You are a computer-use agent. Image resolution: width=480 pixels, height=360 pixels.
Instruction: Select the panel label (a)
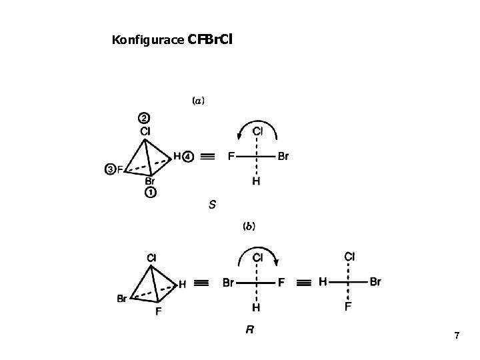click(198, 101)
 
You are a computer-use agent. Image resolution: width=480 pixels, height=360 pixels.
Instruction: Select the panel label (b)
click(247, 226)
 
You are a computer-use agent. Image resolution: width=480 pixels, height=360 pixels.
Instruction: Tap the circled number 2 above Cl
click(144, 119)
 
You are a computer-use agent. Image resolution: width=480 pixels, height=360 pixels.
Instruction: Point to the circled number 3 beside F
click(110, 169)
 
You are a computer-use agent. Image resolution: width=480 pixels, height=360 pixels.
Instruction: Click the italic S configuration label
click(212, 204)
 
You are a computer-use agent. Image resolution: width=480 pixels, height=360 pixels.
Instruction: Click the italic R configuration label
click(249, 329)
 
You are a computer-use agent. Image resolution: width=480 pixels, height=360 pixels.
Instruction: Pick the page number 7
click(456, 335)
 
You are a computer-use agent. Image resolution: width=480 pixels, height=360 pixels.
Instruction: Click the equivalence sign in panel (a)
click(207, 157)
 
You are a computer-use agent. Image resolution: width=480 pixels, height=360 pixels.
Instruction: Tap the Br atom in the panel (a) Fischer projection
click(283, 157)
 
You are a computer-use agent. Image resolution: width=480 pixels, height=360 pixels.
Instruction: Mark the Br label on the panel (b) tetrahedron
click(122, 299)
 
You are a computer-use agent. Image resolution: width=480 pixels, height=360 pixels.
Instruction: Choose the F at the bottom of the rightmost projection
click(349, 307)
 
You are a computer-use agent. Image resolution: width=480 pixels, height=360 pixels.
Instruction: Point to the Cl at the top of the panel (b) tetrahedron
click(151, 257)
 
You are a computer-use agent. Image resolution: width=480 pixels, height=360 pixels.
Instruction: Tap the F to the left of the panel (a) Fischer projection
click(231, 157)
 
